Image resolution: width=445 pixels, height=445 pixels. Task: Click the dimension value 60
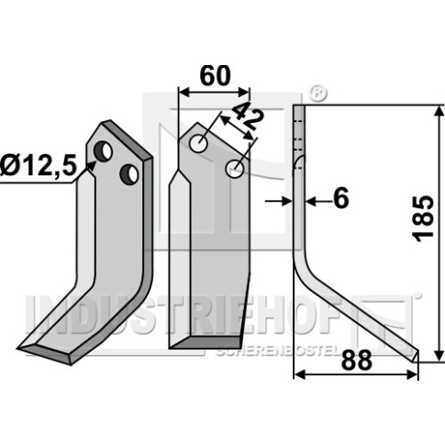[215, 76]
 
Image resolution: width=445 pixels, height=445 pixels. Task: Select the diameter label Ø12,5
[38, 166]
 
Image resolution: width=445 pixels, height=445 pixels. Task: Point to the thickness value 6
[340, 198]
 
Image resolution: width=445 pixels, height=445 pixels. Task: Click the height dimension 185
[423, 219]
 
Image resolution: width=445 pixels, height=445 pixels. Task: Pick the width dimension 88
[357, 360]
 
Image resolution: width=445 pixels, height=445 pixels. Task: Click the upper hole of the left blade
[103, 151]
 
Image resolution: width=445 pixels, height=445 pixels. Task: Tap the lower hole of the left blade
[128, 173]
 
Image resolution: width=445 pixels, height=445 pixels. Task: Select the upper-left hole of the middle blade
[198, 143]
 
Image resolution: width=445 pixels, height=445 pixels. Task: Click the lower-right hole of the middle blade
[235, 169]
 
